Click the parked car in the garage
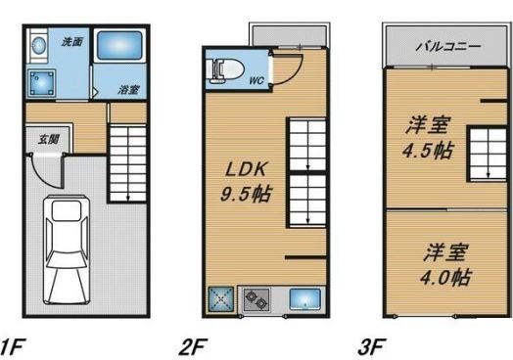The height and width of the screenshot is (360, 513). (67, 249)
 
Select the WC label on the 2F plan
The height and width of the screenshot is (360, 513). (256, 80)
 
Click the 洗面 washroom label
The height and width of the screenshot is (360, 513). (72, 42)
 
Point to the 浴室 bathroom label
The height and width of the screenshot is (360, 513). (128, 90)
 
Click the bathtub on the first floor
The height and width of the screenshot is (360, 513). (119, 45)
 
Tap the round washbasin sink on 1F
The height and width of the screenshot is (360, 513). (39, 45)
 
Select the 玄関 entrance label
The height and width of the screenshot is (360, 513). (48, 139)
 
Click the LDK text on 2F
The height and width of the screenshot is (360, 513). (246, 169)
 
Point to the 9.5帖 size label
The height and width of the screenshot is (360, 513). (246, 195)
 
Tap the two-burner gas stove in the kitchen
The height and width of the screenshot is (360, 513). (256, 299)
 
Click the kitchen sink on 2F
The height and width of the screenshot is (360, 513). (304, 298)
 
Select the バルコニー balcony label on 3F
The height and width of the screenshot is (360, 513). (448, 46)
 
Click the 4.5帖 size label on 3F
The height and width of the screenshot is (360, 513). (428, 151)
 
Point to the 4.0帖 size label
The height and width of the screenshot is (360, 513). (445, 278)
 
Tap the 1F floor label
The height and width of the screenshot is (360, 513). (13, 347)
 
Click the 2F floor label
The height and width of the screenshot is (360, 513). (193, 347)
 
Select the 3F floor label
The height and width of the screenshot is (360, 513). (372, 347)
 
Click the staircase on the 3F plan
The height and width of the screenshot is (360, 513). (489, 154)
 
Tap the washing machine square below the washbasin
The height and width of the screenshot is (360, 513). (41, 83)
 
